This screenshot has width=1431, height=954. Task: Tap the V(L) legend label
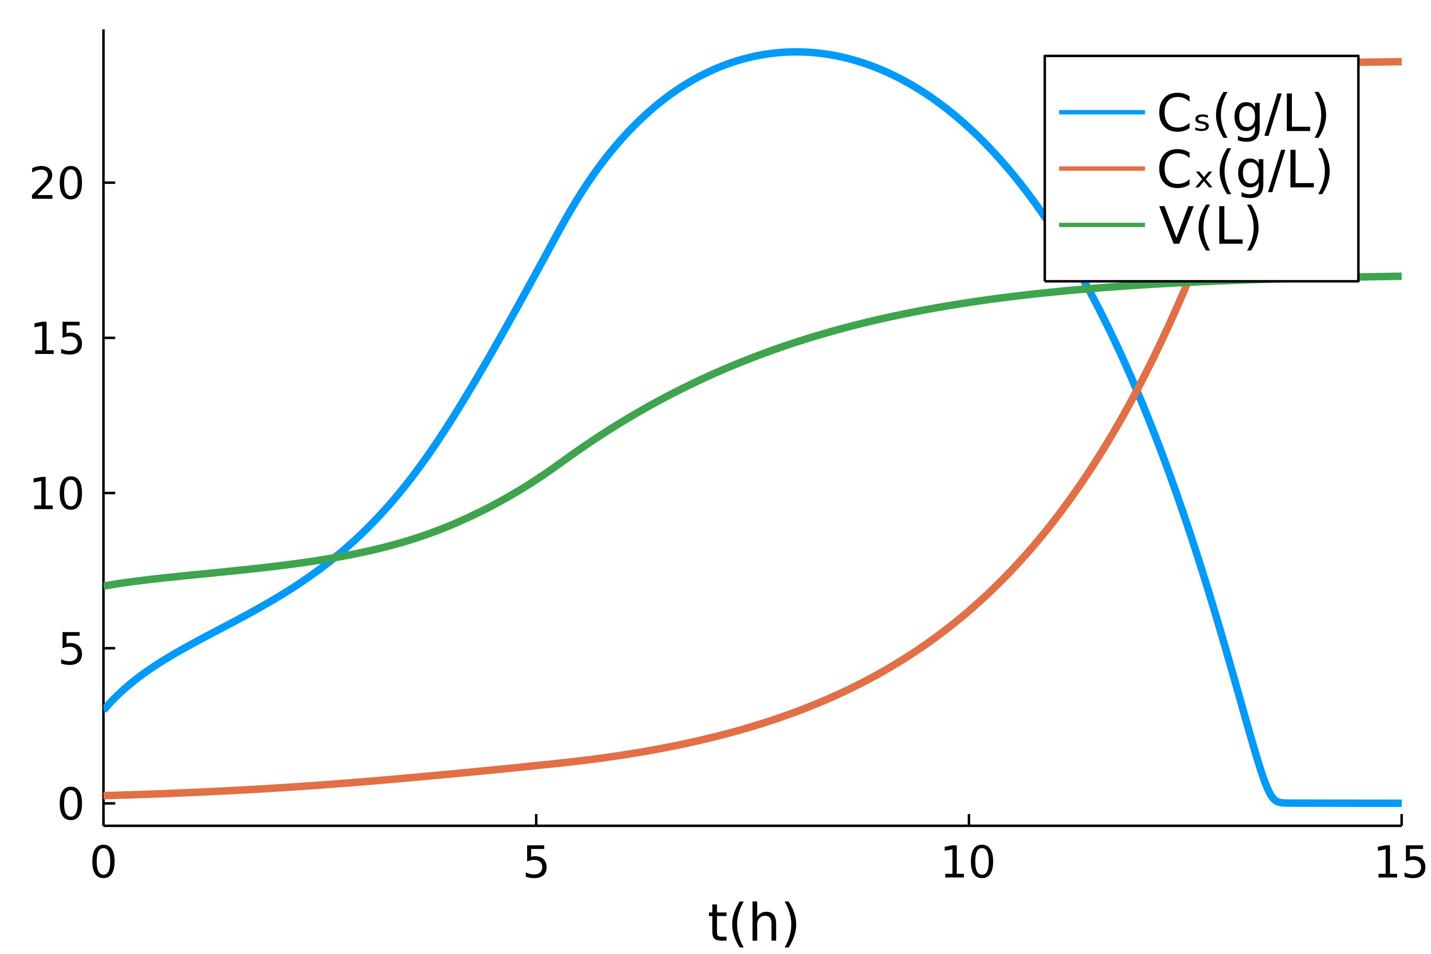pyautogui.click(x=1208, y=226)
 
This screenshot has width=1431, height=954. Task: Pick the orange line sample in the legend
pyautogui.click(x=1101, y=169)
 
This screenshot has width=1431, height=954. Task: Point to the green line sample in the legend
pyautogui.click(x=1101, y=225)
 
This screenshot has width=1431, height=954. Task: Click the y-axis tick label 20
pyautogui.click(x=57, y=183)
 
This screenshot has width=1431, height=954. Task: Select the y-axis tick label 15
pyautogui.click(x=57, y=339)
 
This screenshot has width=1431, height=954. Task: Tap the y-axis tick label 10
pyautogui.click(x=57, y=494)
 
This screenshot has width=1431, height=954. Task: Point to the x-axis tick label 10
pyautogui.click(x=968, y=862)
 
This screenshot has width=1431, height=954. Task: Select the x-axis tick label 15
pyautogui.click(x=1400, y=862)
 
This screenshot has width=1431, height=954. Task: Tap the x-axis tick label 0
pyautogui.click(x=104, y=862)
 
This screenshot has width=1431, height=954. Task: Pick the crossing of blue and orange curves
pyautogui.click(x=1135, y=388)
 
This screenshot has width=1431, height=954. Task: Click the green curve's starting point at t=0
pyautogui.click(x=105, y=586)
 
